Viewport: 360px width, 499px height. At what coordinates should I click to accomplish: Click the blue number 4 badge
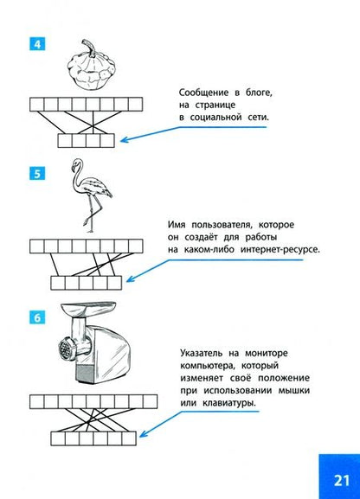37,44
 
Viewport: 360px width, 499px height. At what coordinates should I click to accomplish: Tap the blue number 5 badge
37,174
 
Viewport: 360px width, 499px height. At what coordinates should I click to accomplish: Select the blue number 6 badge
37,317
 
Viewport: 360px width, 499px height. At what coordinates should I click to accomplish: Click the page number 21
342,480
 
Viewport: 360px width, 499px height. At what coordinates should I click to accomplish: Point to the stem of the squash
88,48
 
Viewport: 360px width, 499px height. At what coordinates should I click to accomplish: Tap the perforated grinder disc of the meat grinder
66,349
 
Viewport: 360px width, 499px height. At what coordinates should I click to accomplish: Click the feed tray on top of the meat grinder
88,307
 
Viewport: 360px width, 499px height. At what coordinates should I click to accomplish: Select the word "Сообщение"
203,93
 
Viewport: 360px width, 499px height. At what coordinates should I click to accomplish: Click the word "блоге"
259,93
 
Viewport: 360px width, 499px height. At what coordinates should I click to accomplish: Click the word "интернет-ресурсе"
280,249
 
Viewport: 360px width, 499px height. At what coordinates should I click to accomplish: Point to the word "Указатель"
202,353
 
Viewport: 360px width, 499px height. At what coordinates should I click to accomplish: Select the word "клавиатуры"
229,403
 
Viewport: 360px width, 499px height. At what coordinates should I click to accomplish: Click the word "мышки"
294,391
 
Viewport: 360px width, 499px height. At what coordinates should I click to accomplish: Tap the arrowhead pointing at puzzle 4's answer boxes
124,140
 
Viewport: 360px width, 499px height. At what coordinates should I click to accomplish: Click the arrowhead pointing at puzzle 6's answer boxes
144,433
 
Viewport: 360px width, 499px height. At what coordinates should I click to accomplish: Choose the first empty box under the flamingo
37,246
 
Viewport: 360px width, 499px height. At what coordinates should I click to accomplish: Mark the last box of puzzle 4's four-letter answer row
107,140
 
